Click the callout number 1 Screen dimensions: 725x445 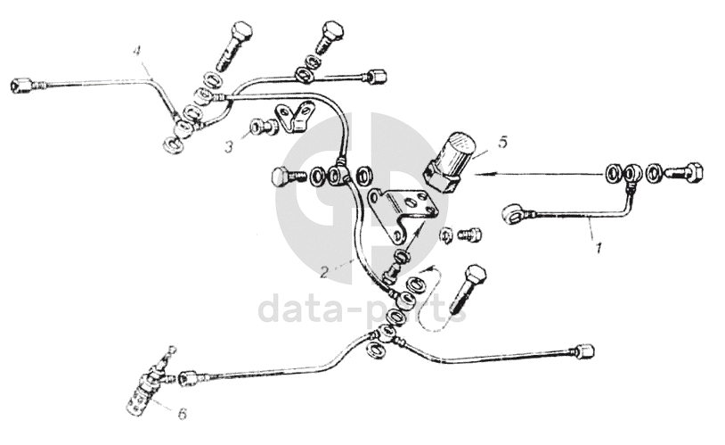click(x=599, y=247)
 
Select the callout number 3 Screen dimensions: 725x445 click(x=230, y=144)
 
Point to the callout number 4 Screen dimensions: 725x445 click(x=137, y=50)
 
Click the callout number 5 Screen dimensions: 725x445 click(x=503, y=141)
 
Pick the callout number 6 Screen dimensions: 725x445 click(x=183, y=413)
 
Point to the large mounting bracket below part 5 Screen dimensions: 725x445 click(x=400, y=215)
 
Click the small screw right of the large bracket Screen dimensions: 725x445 click(x=468, y=235)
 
